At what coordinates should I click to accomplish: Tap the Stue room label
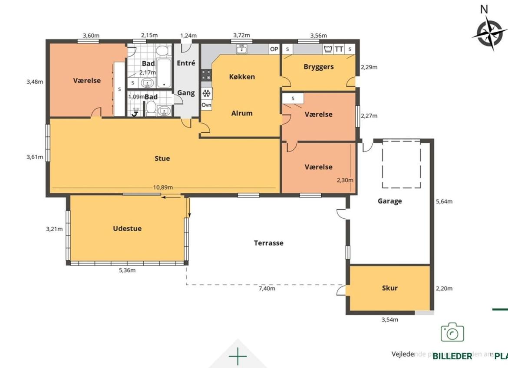162,158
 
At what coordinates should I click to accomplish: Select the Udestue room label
127,229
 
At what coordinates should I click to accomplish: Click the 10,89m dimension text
163,187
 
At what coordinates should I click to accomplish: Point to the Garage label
389,201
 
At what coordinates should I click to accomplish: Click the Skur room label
389,288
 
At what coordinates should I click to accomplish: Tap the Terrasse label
268,243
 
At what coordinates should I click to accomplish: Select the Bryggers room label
319,67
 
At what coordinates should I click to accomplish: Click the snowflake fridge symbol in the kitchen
207,93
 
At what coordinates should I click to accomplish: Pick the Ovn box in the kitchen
207,105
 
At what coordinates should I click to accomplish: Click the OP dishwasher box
274,49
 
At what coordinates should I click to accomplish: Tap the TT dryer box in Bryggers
339,49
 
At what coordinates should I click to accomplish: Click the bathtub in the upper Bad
164,74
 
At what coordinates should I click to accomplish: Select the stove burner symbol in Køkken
206,75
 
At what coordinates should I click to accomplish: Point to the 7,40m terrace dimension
267,288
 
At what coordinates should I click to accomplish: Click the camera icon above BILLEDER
452,332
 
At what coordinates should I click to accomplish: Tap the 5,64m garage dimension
444,201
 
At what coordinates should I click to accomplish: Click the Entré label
186,63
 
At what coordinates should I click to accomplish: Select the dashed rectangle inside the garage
401,164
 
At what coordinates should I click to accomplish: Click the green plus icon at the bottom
238,357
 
